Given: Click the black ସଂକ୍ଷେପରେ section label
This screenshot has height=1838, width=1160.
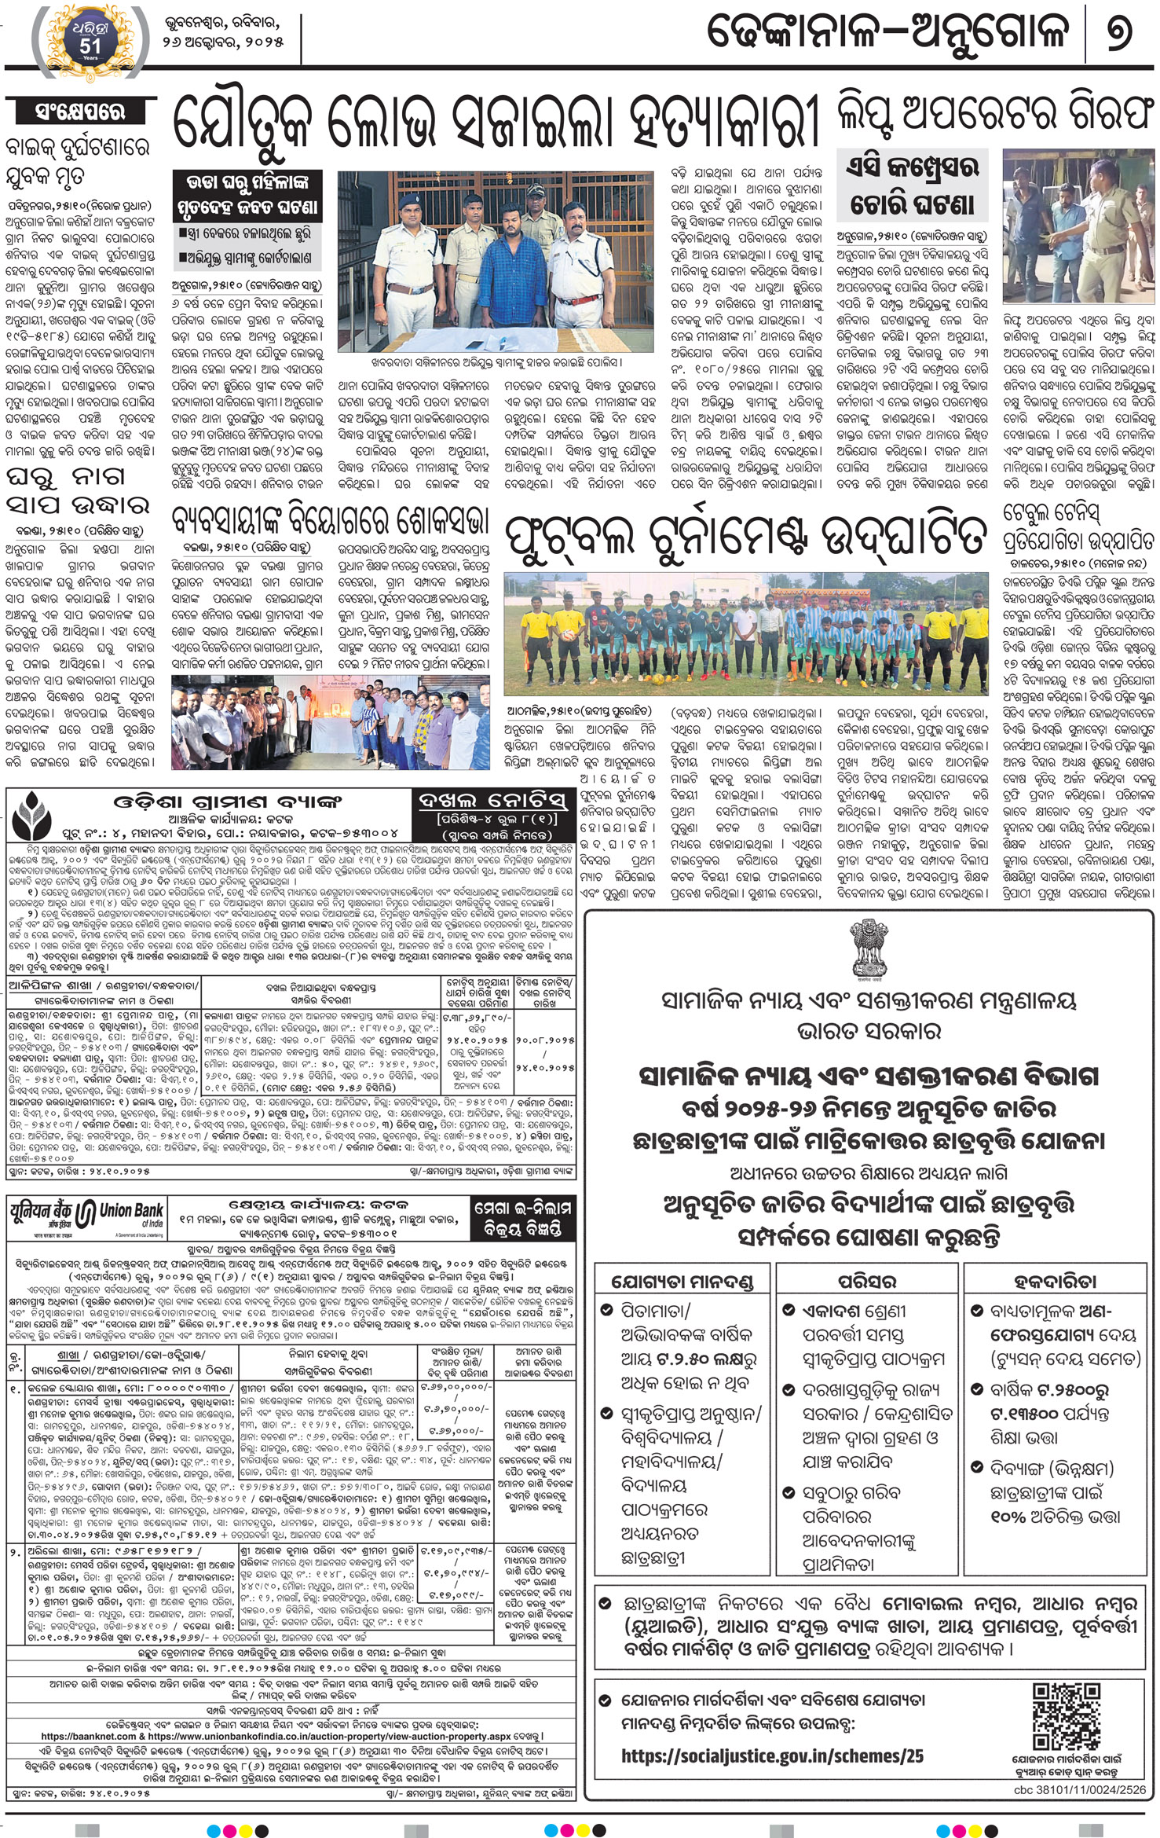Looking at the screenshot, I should pyautogui.click(x=80, y=112).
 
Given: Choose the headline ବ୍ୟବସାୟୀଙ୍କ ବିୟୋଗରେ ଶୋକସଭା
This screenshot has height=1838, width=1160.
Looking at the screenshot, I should pyautogui.click(x=331, y=521).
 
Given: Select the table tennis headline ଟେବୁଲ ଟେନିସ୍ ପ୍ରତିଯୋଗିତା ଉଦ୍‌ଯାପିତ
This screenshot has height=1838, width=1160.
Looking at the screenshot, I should pyautogui.click(x=1078, y=528).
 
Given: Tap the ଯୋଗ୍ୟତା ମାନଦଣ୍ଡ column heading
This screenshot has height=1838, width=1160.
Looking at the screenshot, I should pyautogui.click(x=682, y=1282).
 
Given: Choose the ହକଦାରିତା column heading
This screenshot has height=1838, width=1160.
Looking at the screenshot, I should pyautogui.click(x=1055, y=1280).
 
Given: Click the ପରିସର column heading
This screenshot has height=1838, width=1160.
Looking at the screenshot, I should pyautogui.click(x=867, y=1281).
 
